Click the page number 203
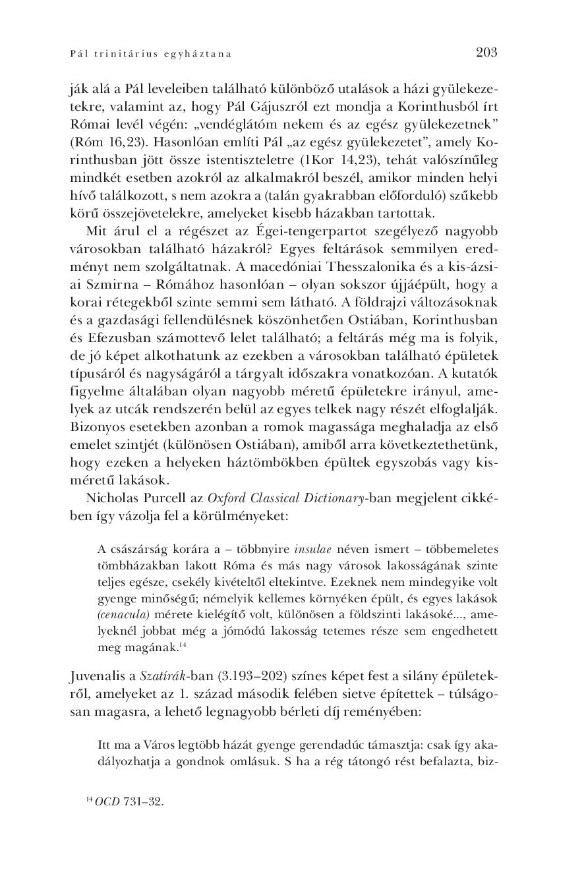point(486,52)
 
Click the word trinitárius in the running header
point(123,54)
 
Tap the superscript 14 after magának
point(182,645)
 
